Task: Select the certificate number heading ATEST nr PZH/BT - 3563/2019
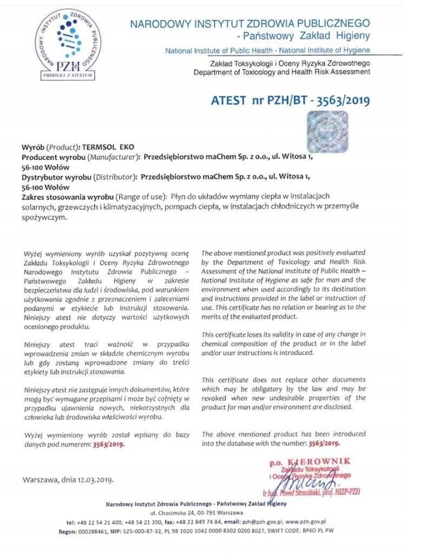click(293, 100)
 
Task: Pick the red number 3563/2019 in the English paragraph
click(324, 443)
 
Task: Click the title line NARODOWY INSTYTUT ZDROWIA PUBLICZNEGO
click(249, 23)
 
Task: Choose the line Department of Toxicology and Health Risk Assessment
click(282, 73)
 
